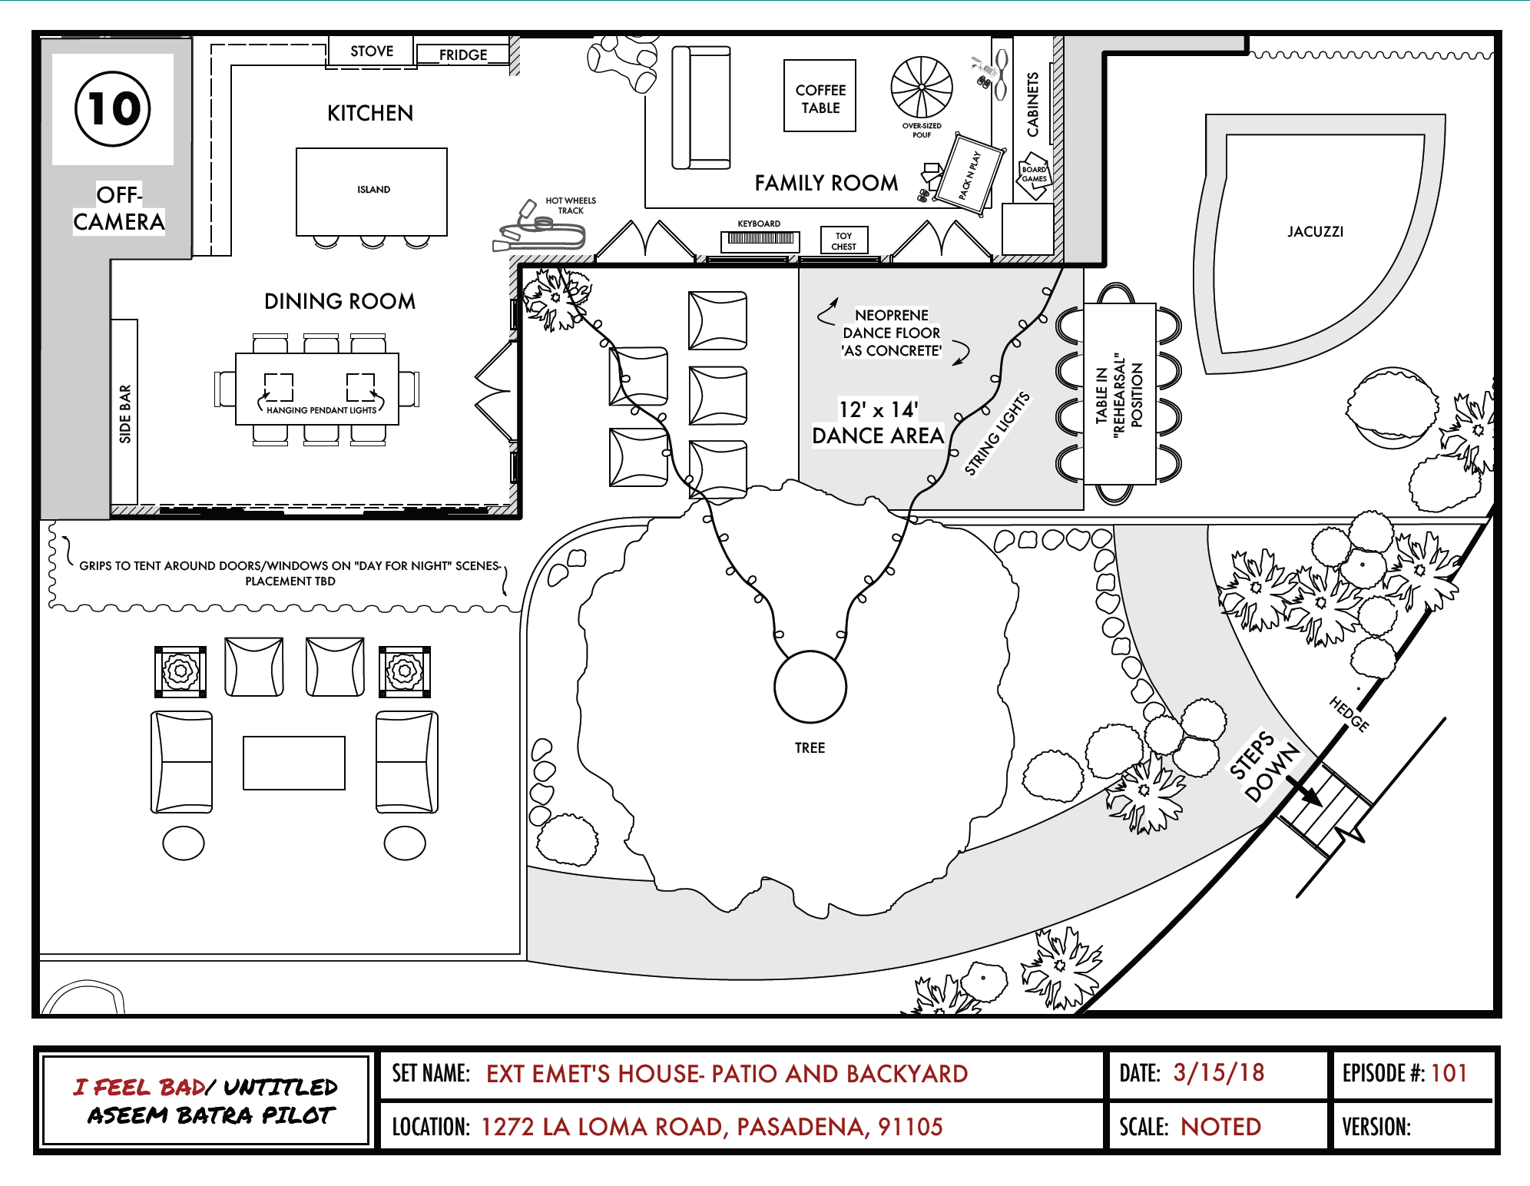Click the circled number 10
(x=113, y=108)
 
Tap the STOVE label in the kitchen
(x=372, y=51)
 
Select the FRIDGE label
(x=463, y=55)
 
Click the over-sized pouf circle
(x=922, y=87)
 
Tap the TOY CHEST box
(x=843, y=240)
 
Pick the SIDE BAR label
(x=125, y=414)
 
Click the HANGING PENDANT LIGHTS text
(x=321, y=410)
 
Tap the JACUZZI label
(x=1315, y=232)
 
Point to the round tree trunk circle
(x=810, y=687)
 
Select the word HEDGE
(x=1350, y=714)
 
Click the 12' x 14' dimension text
(x=878, y=409)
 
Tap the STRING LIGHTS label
(x=997, y=433)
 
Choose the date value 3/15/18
(x=1218, y=1073)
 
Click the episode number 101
(x=1449, y=1073)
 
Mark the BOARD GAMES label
(x=1034, y=174)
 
